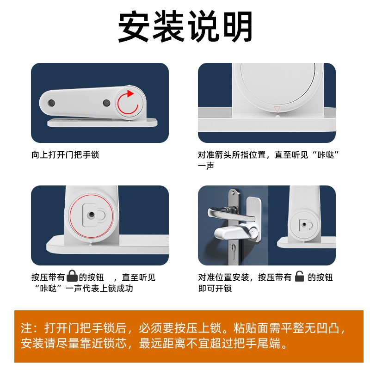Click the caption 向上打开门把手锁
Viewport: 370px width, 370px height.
pos(65,155)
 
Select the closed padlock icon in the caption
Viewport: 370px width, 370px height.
pos(72,277)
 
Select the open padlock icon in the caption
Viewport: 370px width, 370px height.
pos(300,277)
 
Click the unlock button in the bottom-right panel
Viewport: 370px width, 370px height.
pos(305,224)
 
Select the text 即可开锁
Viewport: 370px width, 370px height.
pos(215,289)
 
